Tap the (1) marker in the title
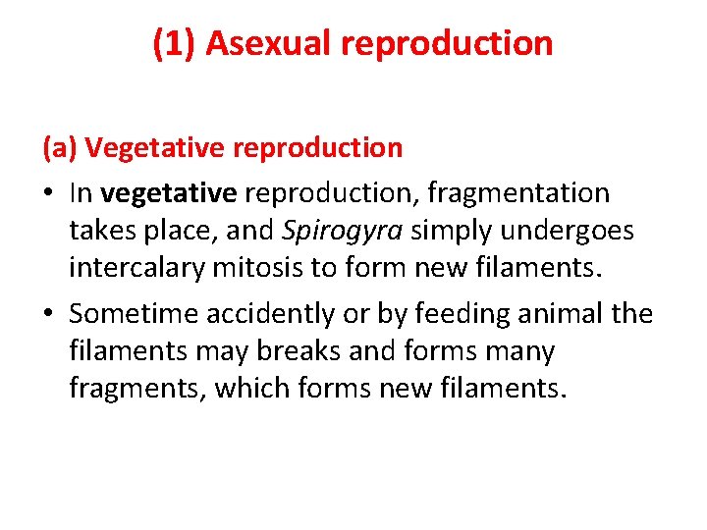coord(175,44)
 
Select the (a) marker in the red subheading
coord(59,148)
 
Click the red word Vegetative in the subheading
coord(154,148)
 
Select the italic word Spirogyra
coord(344,232)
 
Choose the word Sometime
coord(133,313)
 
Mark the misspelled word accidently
coord(263,313)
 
